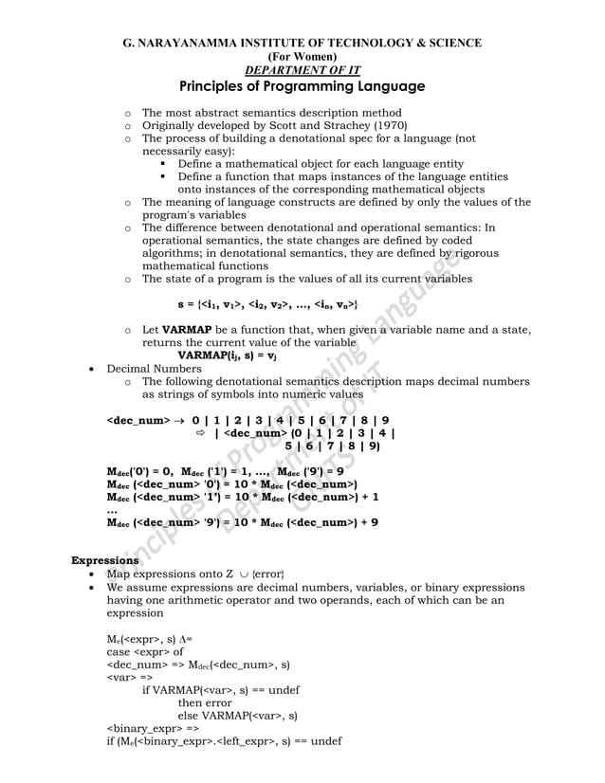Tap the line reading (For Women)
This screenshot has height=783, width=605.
coord(302,56)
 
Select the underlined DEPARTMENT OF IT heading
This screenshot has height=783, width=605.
coord(302,70)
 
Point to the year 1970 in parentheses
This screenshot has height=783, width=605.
coord(361,125)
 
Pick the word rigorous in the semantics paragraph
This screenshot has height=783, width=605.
coord(477,253)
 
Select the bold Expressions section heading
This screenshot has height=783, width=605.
coord(106,560)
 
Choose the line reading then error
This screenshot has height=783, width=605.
coord(205,702)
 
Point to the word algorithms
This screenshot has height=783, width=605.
coord(172,253)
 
